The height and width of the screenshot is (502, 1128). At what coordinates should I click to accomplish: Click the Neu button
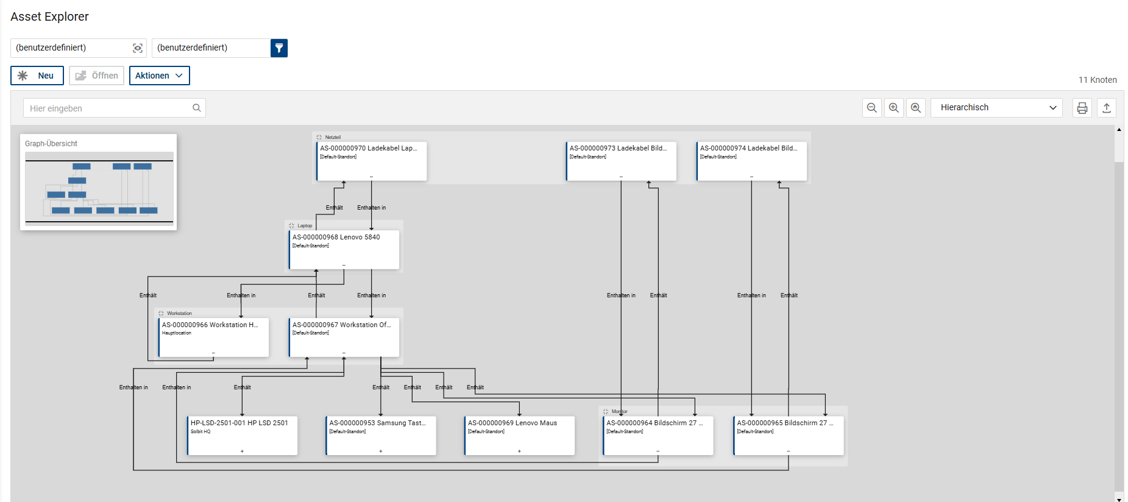[37, 76]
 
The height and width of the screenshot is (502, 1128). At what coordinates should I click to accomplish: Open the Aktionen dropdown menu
[159, 76]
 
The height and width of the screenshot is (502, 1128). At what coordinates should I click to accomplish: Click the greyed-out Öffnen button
[97, 76]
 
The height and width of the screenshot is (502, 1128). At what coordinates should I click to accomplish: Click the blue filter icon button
[279, 48]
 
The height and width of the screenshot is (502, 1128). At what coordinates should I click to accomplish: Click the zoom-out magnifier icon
[871, 108]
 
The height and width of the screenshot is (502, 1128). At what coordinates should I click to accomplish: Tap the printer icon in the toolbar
[1082, 108]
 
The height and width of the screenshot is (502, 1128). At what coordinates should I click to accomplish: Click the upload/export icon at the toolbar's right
[1106, 108]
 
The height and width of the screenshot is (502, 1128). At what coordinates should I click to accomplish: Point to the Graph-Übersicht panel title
[51, 144]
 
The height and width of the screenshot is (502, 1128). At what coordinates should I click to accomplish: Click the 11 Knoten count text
[1097, 80]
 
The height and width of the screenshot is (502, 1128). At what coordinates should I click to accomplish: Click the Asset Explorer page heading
[49, 17]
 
